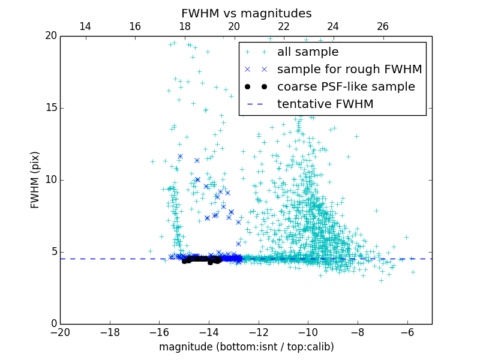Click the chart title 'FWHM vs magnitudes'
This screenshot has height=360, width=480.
[x=246, y=13]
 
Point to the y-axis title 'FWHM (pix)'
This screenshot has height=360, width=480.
[x=35, y=179]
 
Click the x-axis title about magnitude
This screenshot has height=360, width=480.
[x=246, y=347]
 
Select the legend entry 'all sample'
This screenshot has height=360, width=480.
[x=308, y=52]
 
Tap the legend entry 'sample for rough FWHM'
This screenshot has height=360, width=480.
[x=349, y=69]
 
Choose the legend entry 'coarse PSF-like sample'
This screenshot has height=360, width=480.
[x=346, y=86]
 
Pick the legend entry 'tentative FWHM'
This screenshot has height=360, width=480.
[x=325, y=104]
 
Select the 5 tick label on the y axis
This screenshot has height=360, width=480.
[x=53, y=252]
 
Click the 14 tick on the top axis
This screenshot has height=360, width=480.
[x=85, y=26]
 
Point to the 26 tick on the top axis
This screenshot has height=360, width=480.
[x=383, y=26]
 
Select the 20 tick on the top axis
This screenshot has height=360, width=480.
[x=234, y=26]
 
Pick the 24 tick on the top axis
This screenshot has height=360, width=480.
[x=333, y=26]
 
